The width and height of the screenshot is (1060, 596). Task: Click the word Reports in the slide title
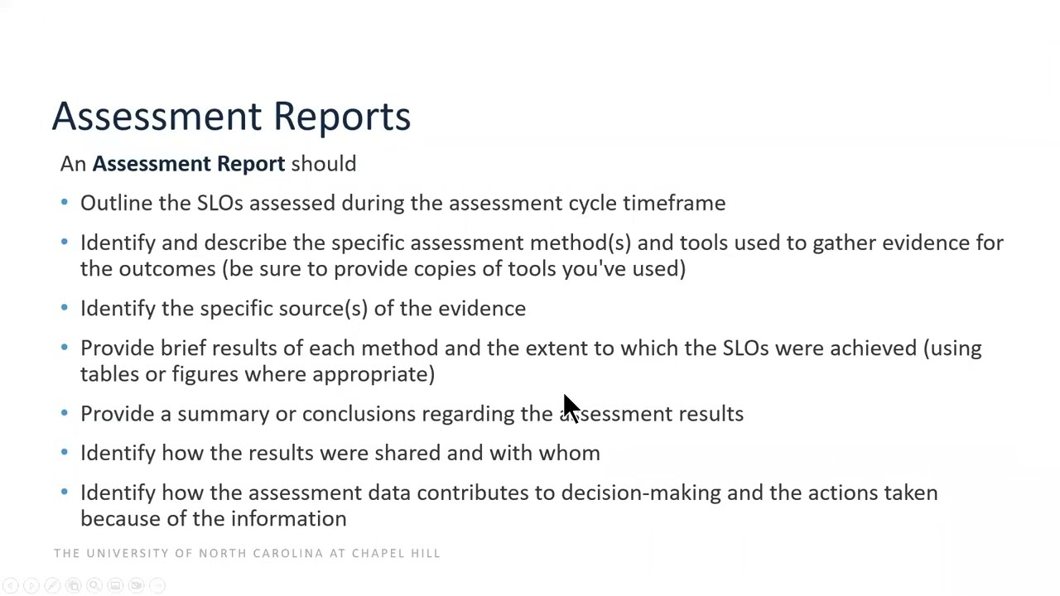(x=341, y=117)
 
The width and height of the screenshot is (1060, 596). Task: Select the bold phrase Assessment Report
(x=188, y=164)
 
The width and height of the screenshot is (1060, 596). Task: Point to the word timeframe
(x=674, y=204)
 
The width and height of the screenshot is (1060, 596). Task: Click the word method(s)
(x=580, y=243)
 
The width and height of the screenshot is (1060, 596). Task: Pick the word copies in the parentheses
(x=446, y=270)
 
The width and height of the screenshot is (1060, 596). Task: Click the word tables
(x=109, y=374)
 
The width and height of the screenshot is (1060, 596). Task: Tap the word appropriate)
(x=373, y=375)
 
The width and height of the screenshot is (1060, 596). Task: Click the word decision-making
(x=640, y=493)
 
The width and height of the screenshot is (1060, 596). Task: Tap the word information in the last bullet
(x=288, y=519)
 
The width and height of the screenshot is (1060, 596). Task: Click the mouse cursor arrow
(x=571, y=408)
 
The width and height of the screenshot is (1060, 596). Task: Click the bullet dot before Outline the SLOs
(x=65, y=203)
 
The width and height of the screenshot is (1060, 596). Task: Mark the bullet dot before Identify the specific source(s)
(x=65, y=308)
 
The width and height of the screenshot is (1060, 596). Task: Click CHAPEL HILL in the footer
(x=396, y=553)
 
